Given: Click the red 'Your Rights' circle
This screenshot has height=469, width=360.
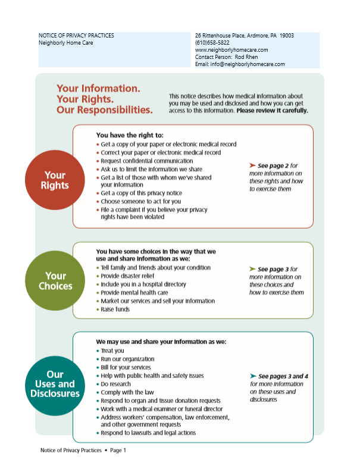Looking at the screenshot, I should [55, 180].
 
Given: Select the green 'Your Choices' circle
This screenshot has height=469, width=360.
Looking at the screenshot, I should [55, 281].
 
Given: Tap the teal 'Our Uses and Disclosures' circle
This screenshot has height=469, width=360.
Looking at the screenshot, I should [55, 384].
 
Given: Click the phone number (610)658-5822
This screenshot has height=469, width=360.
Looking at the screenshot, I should [212, 43].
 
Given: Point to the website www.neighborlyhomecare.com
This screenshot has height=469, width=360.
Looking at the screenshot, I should [231, 50].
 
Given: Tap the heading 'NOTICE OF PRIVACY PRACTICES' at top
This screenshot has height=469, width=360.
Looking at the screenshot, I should [76, 36].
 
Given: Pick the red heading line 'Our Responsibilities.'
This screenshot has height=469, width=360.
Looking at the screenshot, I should [104, 110].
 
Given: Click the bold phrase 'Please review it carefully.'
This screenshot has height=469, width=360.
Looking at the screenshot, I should [272, 111].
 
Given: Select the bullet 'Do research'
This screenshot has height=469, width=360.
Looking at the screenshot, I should [117, 384].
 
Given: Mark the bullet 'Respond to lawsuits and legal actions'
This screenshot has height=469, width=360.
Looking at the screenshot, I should [148, 433].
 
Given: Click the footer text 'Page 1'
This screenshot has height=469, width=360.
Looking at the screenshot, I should [118, 451].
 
